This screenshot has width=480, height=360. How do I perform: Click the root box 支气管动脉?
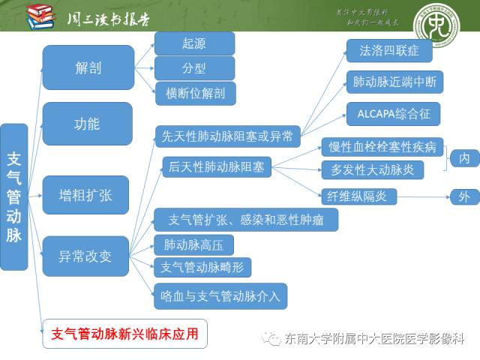click(13, 197)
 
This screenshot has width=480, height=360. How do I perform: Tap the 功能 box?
click(87, 124)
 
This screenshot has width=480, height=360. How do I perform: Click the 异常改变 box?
click(85, 256)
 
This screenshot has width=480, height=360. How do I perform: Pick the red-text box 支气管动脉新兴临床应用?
click(124, 334)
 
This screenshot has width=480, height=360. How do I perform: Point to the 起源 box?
click(193, 43)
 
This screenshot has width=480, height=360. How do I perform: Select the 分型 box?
click(193, 68)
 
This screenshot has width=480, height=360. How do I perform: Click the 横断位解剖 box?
click(195, 93)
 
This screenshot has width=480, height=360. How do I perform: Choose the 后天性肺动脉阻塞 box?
click(217, 166)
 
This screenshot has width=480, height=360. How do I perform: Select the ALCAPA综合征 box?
click(393, 114)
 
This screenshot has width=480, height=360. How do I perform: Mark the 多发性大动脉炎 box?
click(372, 169)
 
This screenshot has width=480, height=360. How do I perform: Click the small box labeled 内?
click(464, 158)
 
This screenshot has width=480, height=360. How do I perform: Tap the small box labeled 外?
click(464, 197)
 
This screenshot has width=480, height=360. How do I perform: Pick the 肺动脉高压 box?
click(193, 244)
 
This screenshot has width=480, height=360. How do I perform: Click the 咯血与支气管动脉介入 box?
click(220, 295)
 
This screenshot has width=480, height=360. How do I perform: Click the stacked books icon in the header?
click(40, 16)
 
